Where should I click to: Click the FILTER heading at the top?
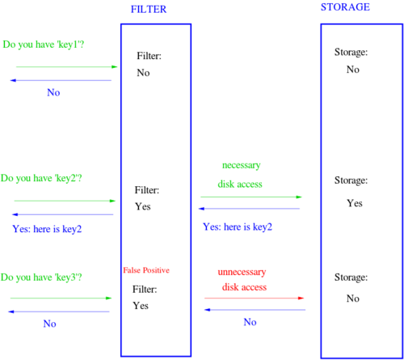pyautogui.click(x=149, y=9)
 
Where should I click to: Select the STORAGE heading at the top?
pyautogui.click(x=345, y=7)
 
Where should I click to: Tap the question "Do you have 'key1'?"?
pyautogui.click(x=44, y=44)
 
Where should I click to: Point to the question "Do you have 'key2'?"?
pyautogui.click(x=41, y=178)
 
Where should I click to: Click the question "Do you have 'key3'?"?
pyautogui.click(x=41, y=277)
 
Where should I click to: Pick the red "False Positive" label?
pyautogui.click(x=146, y=270)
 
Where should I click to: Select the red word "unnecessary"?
pyautogui.click(x=242, y=272)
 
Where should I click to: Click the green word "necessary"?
pyautogui.click(x=241, y=165)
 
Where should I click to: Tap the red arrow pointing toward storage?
pyautogui.click(x=255, y=298)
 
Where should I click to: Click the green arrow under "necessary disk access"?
pyautogui.click(x=251, y=197)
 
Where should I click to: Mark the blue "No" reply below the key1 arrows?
pyautogui.click(x=53, y=92)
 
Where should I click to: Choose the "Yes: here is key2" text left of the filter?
pyautogui.click(x=47, y=229)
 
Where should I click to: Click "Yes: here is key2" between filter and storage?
pyautogui.click(x=238, y=227)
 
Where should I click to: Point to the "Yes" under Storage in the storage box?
pyautogui.click(x=355, y=203)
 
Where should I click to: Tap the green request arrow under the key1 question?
pyautogui.click(x=67, y=66)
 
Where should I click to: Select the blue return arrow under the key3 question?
pyautogui.click(x=59, y=311)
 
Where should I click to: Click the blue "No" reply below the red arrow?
pyautogui.click(x=250, y=322)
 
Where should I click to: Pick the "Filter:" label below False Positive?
pyautogui.click(x=145, y=290)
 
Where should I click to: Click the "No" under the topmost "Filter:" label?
pyautogui.click(x=143, y=73)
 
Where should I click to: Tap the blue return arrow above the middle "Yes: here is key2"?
pyautogui.click(x=249, y=209)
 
